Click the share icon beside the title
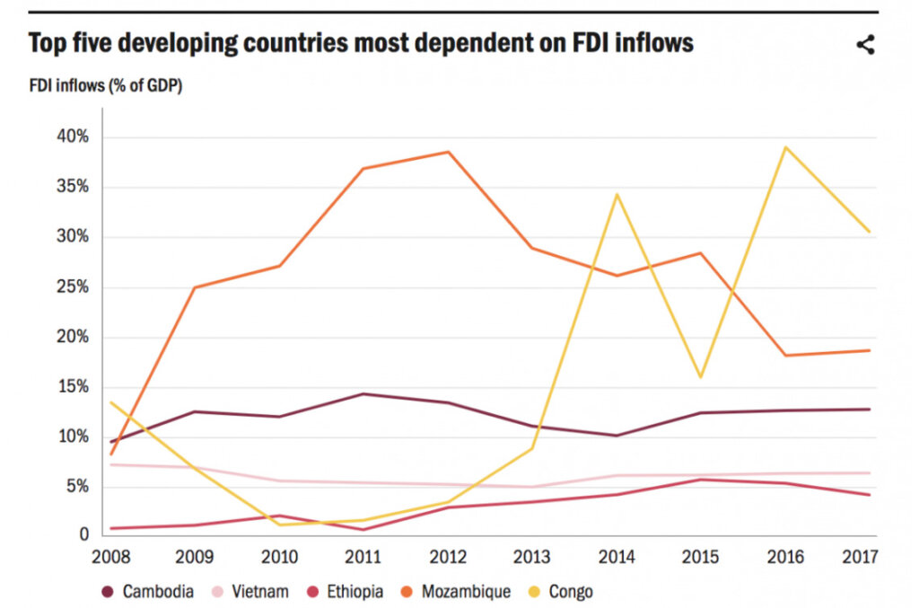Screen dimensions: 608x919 click(865, 45)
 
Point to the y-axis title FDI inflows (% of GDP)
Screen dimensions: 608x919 click(107, 86)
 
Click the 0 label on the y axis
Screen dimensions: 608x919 click(84, 534)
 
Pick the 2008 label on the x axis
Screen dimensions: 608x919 click(111, 558)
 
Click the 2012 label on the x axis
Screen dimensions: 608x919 click(447, 558)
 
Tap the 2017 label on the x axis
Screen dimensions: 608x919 click(858, 558)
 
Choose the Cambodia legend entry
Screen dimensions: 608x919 click(150, 591)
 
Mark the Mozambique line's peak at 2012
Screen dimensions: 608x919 click(448, 152)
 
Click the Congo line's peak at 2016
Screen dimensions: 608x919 click(786, 147)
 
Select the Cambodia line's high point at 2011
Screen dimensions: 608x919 click(363, 393)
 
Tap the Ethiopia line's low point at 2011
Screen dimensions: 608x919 click(363, 529)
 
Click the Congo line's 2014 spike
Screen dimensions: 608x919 click(617, 194)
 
